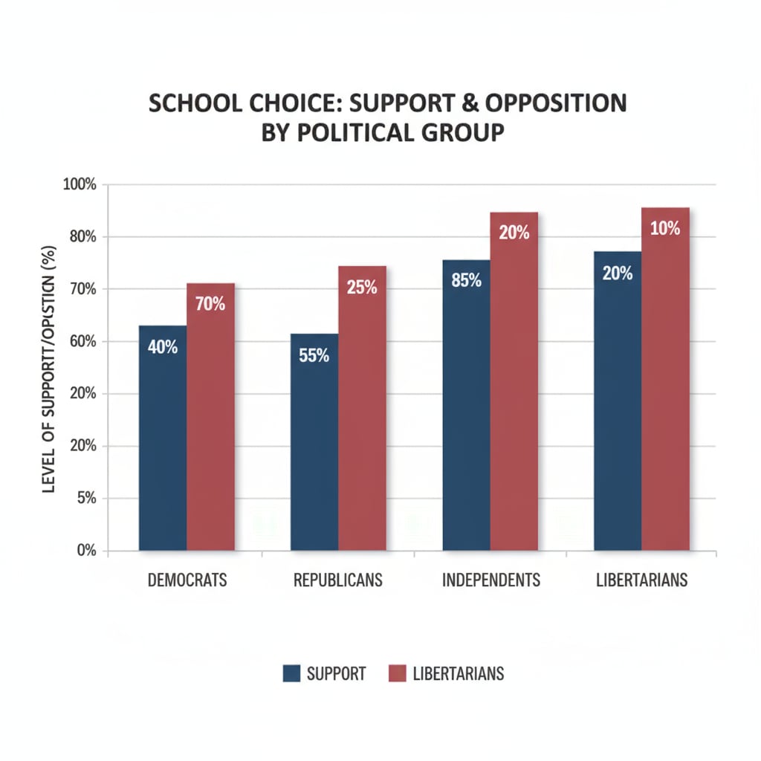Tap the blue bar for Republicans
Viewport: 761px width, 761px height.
point(314,453)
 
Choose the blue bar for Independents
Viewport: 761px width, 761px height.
point(466,416)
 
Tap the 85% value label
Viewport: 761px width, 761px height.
point(466,281)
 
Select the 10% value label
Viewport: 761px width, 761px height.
point(665,229)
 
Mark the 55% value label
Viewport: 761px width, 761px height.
point(314,355)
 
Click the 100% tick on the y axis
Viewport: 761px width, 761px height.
point(81,184)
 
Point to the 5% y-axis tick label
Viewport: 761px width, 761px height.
point(87,498)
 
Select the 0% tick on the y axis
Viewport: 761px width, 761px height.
point(87,551)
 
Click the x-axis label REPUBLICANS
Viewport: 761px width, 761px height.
point(338,580)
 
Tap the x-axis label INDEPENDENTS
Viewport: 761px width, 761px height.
point(491,580)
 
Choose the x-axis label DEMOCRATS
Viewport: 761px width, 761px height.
point(187,580)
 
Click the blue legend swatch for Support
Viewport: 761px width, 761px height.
point(291,674)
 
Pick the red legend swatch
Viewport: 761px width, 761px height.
point(398,674)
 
